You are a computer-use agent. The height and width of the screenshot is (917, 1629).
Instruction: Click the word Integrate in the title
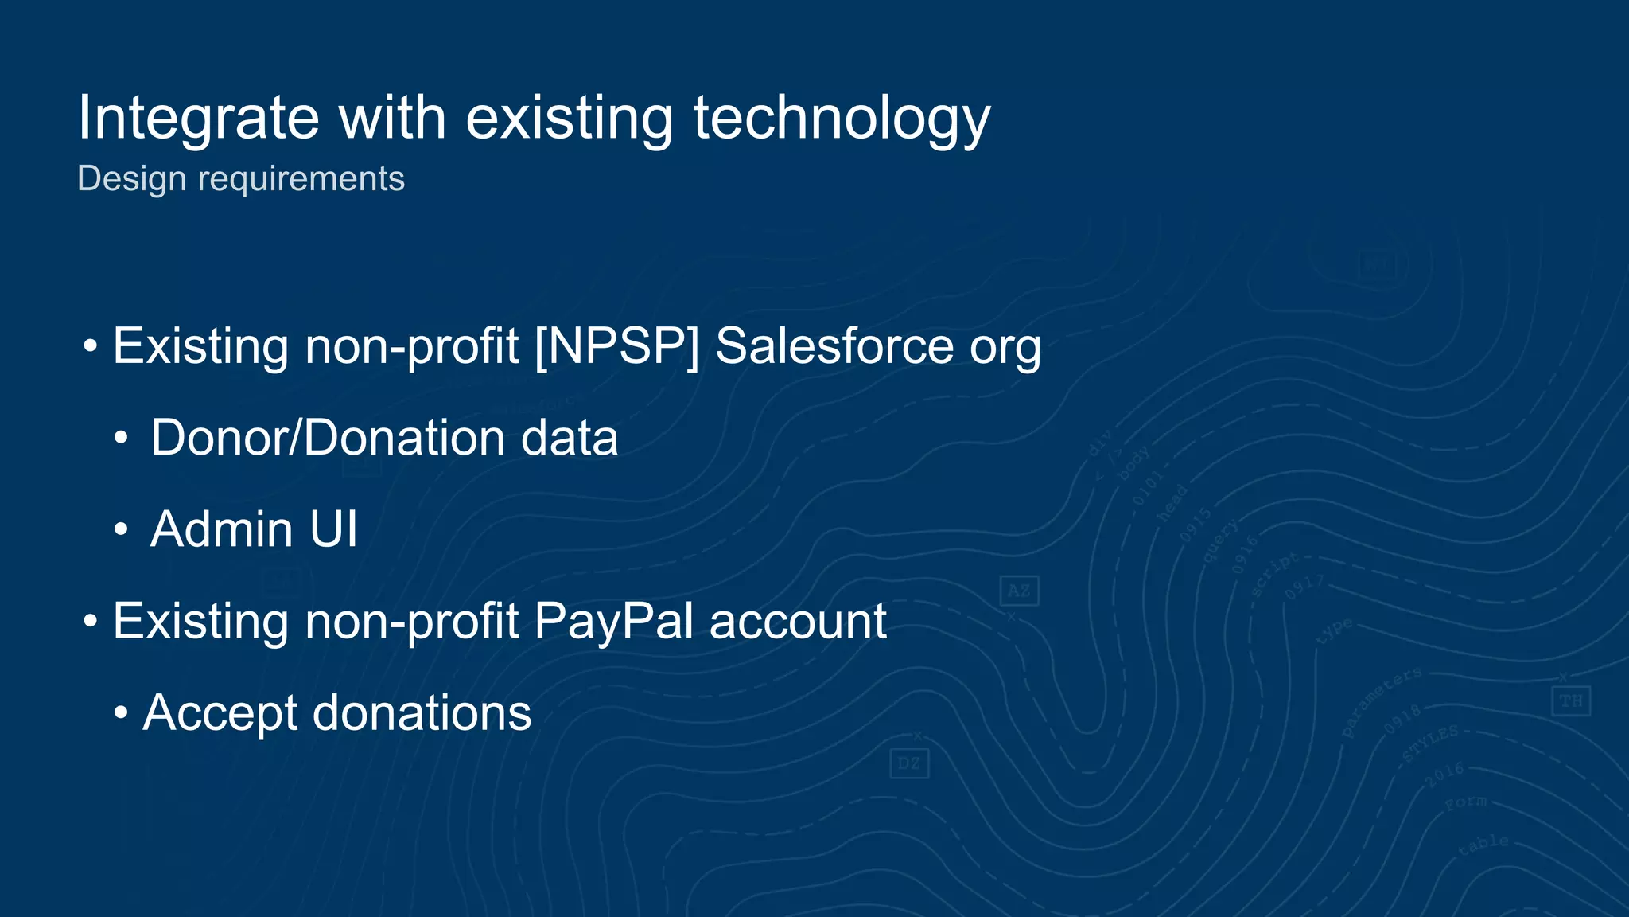[x=198, y=118]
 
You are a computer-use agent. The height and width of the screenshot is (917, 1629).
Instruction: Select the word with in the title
[x=392, y=118]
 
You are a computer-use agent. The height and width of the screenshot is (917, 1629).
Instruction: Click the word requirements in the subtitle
[x=301, y=179]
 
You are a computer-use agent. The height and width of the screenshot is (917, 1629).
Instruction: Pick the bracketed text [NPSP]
[x=617, y=346]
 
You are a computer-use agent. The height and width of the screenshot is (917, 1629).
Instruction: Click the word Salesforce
[x=834, y=346]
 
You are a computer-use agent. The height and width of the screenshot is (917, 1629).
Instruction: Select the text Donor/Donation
[x=328, y=438]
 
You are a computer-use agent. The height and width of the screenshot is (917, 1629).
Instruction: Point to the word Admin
[x=222, y=529]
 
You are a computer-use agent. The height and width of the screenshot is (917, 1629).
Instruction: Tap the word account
[x=798, y=622]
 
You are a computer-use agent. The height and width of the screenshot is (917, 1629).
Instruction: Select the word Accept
[x=220, y=713]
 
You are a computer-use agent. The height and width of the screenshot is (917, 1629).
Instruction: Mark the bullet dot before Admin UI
[x=120, y=529]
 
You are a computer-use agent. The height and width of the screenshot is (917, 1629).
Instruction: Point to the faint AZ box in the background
[x=1019, y=591]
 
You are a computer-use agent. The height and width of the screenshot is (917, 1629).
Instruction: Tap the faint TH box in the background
[x=1570, y=701]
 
